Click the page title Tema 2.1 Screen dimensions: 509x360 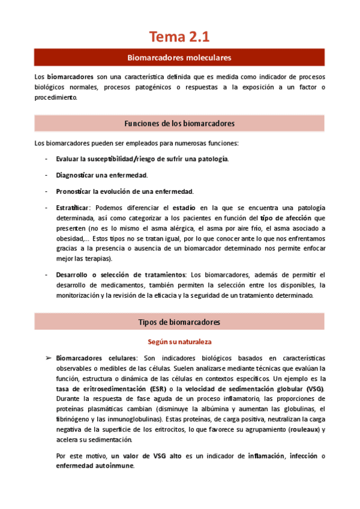coord(179,37)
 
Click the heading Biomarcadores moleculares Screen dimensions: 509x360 coord(179,58)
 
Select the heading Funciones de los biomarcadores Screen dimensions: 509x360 coord(179,124)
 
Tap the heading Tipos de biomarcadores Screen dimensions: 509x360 coord(179,322)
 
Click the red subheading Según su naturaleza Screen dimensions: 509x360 coord(179,342)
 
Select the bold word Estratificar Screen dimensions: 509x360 coord(73,207)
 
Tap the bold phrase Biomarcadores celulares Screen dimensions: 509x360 coord(97,358)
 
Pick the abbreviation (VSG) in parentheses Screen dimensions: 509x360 coord(313,389)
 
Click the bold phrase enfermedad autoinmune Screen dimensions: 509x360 coord(95,466)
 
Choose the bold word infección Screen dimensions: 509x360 coord(302,456)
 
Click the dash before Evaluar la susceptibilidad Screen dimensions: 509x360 coord(47,158)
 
